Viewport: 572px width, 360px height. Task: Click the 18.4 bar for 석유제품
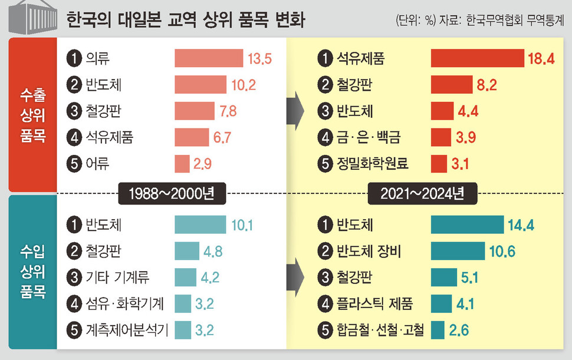[x=477, y=58]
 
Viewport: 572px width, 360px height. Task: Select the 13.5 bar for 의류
[x=209, y=58]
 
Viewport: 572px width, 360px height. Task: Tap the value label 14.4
[x=522, y=225]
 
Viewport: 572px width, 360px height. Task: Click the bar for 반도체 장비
[x=458, y=252]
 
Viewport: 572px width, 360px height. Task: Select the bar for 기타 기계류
[x=185, y=278]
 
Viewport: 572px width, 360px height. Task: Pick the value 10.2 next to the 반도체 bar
[x=244, y=85]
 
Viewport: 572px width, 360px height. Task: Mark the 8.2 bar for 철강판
[x=451, y=85]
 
